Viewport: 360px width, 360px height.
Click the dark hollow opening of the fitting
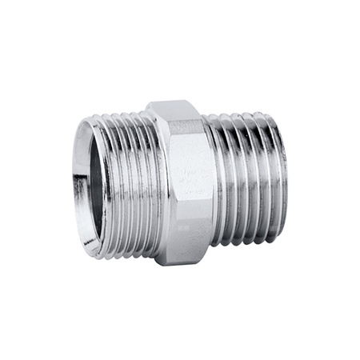(101, 184)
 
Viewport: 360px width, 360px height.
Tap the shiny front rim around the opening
(84, 180)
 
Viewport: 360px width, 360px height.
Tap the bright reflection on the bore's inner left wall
(91, 192)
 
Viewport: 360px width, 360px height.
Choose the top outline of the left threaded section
(120, 114)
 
